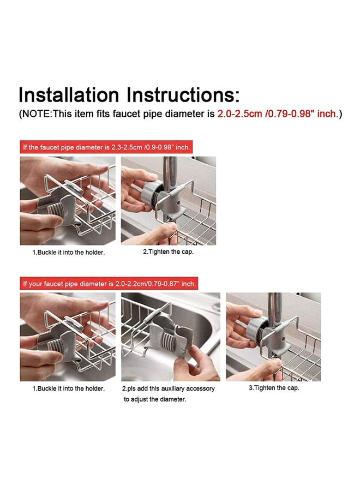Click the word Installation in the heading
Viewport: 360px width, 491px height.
coord(69,94)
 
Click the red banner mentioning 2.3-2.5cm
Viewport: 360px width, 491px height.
coord(106,147)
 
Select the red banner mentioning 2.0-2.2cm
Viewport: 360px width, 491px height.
coord(109,284)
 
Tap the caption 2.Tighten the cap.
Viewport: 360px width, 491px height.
coord(168,252)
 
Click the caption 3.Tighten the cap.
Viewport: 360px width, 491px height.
coord(274,388)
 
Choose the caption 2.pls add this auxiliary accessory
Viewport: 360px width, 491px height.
coord(168,388)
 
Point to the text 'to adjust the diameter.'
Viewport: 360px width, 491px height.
coord(155,399)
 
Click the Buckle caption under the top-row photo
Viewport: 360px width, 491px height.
coord(68,252)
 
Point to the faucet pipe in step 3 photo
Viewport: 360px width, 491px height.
coord(275,306)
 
